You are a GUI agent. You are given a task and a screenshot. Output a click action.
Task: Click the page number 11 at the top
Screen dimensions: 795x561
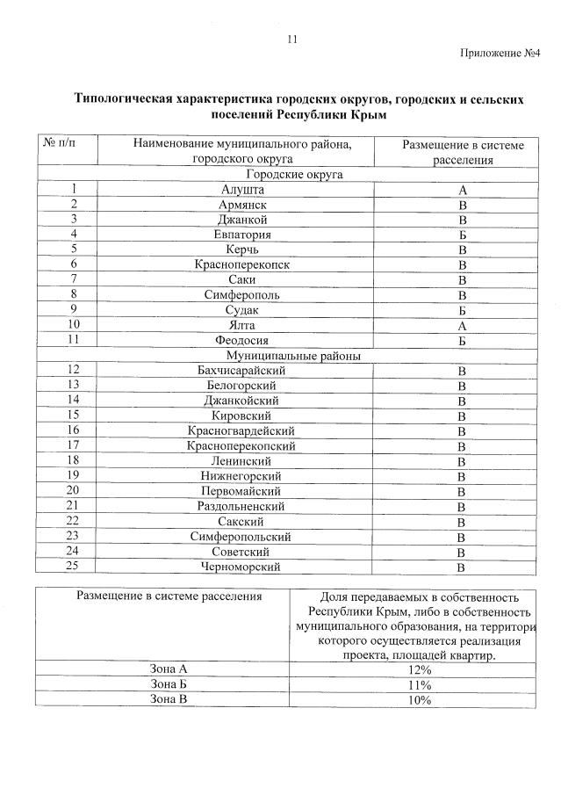pyautogui.click(x=292, y=39)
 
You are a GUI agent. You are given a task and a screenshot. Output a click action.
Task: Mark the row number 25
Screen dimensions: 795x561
pyautogui.click(x=74, y=567)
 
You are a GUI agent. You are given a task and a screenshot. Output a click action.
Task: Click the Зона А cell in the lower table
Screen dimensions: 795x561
pyautogui.click(x=169, y=669)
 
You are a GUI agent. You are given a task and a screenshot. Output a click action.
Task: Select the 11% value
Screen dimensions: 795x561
pyautogui.click(x=419, y=685)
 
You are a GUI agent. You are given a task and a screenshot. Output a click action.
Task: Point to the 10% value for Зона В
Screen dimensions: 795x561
pyautogui.click(x=419, y=700)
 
